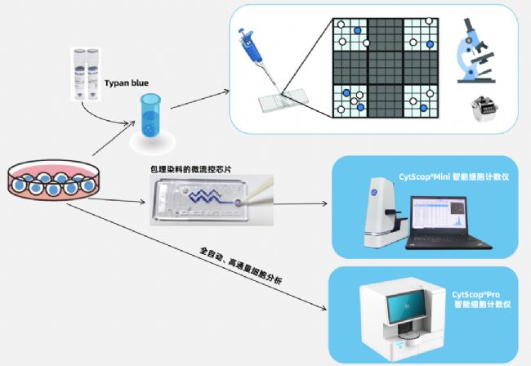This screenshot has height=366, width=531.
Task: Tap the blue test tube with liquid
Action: (x=150, y=118)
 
